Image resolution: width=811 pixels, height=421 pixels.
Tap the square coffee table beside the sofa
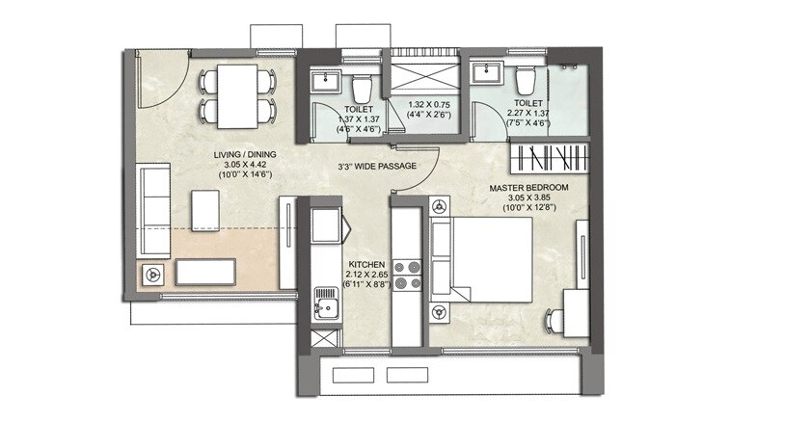point(204,209)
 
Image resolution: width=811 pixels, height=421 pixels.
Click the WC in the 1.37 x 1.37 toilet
point(362,87)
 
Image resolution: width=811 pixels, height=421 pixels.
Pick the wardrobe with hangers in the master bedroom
point(547,154)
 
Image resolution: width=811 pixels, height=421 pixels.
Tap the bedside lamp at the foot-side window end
point(440,311)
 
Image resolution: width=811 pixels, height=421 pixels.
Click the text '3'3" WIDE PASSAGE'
point(376,167)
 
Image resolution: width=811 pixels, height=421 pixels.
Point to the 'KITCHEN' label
point(366,264)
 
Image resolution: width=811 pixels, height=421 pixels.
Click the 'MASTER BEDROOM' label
point(528,187)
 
